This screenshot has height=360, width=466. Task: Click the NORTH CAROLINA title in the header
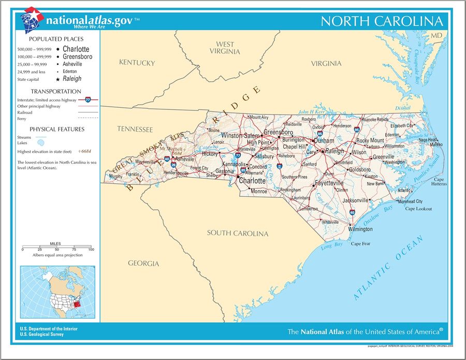tap(382, 21)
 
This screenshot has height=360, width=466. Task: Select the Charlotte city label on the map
tap(252, 181)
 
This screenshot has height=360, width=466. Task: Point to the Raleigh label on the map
tap(334, 151)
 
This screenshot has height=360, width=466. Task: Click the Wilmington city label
tap(360, 229)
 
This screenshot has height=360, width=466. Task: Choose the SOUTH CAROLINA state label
tap(238, 233)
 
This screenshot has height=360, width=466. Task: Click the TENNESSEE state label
tap(135, 129)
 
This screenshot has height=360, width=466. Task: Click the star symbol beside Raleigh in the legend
tap(57, 79)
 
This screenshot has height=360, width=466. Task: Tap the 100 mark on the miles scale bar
tap(91, 250)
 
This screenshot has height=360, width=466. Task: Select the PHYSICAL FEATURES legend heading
tap(56, 129)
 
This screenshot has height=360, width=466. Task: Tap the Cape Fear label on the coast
tap(361, 244)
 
